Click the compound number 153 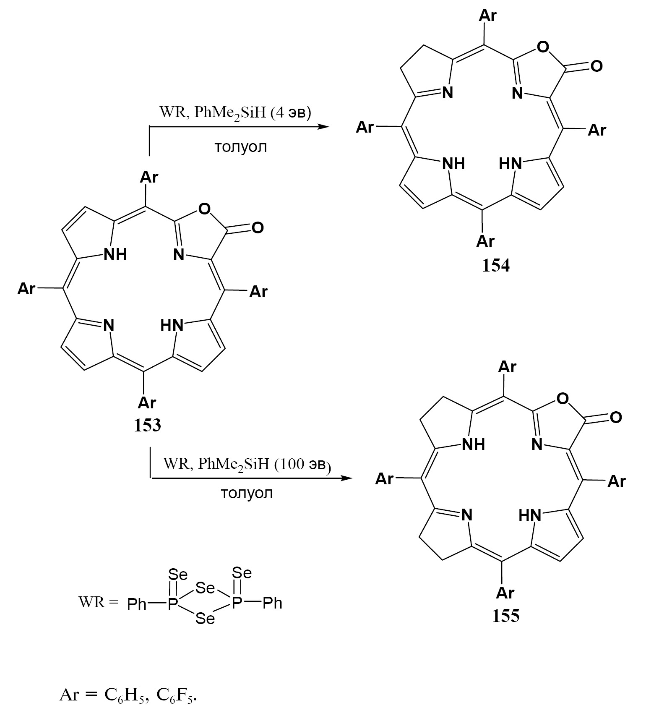[x=147, y=426]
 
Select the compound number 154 [x=495, y=266]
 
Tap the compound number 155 [x=506, y=616]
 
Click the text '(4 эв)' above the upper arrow [x=291, y=113]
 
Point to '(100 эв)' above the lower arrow [x=302, y=464]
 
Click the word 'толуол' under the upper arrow [x=240, y=147]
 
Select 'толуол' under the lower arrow [x=247, y=493]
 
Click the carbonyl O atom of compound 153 [x=258, y=227]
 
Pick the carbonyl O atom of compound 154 [x=596, y=66]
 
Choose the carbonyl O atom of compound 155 [x=616, y=417]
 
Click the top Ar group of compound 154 [x=487, y=16]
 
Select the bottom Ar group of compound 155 [x=505, y=592]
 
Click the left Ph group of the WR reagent [x=137, y=604]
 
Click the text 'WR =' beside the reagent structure [x=98, y=602]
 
